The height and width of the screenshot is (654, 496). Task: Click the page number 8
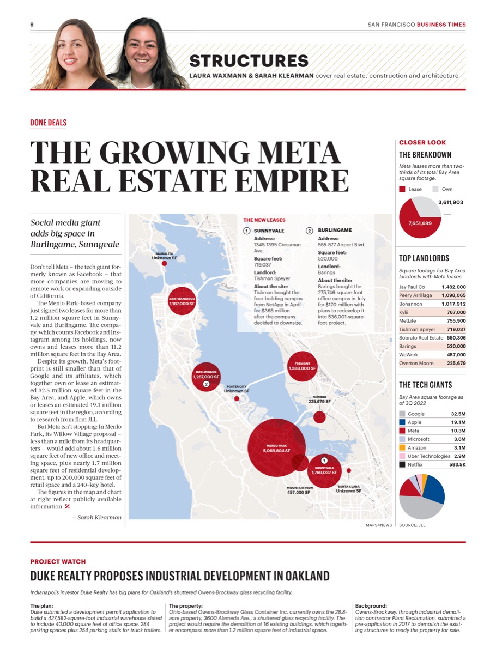(x=32, y=25)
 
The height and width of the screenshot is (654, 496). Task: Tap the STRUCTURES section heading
(x=249, y=61)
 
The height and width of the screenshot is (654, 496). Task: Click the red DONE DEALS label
(x=49, y=123)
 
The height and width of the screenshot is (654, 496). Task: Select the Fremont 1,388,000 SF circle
(x=302, y=366)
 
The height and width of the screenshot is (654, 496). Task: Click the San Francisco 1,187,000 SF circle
(x=182, y=301)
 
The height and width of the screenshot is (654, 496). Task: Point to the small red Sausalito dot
(x=164, y=263)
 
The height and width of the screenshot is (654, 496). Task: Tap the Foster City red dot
(x=237, y=398)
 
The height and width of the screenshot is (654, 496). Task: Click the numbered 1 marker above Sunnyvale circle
(x=324, y=461)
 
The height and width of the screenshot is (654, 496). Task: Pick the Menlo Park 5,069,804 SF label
(x=276, y=449)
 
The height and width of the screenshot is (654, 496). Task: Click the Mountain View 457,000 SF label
(x=300, y=491)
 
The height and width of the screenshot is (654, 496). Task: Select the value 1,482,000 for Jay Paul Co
(x=453, y=287)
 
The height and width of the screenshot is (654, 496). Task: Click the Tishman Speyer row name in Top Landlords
(x=417, y=329)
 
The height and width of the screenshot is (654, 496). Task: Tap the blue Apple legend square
(x=402, y=422)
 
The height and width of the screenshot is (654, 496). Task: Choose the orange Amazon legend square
(x=402, y=447)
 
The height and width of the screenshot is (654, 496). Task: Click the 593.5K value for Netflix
(x=457, y=464)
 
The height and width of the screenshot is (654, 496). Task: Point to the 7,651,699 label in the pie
(x=420, y=223)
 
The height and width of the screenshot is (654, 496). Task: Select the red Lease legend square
(x=402, y=189)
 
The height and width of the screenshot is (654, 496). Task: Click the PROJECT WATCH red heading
(x=58, y=562)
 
